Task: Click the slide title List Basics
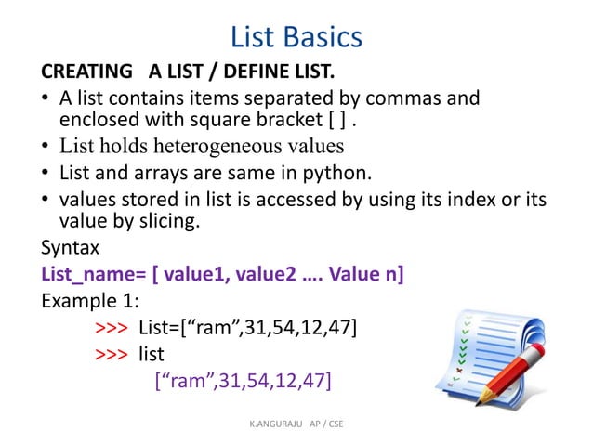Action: [x=296, y=37]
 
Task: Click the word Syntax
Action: [x=71, y=248]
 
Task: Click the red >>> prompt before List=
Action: [x=112, y=328]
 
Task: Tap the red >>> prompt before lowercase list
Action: [x=112, y=354]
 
